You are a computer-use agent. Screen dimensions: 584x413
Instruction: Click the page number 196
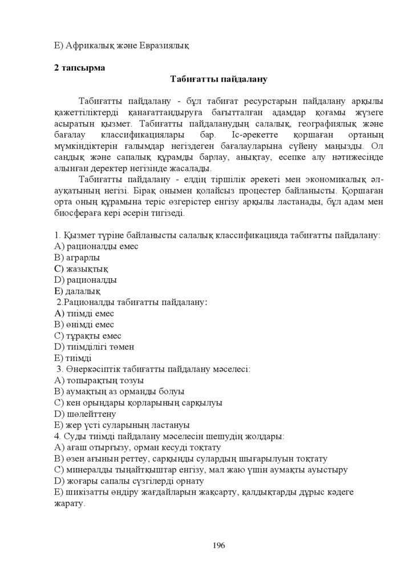coord(218,545)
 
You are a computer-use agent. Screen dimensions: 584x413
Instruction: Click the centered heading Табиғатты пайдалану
coord(219,79)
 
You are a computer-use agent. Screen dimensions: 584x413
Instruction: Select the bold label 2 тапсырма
coord(79,68)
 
